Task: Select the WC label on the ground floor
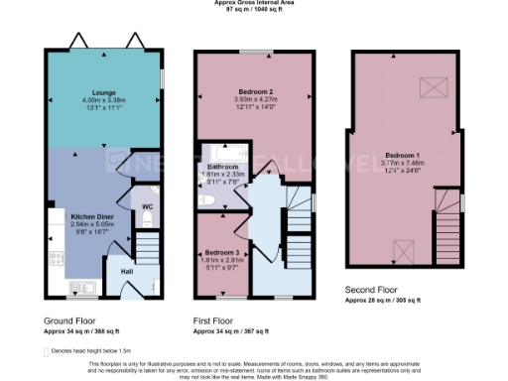tap(147, 206)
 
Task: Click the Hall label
tap(127, 270)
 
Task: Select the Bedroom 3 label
tap(222, 252)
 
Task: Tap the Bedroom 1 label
tap(402, 157)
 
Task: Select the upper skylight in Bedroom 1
tap(435, 89)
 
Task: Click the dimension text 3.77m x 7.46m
tap(402, 166)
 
